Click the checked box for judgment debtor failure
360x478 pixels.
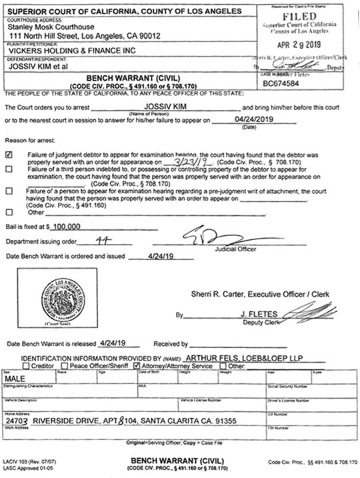pyautogui.click(x=8, y=153)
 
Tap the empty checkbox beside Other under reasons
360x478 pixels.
pyautogui.click(x=8, y=213)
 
